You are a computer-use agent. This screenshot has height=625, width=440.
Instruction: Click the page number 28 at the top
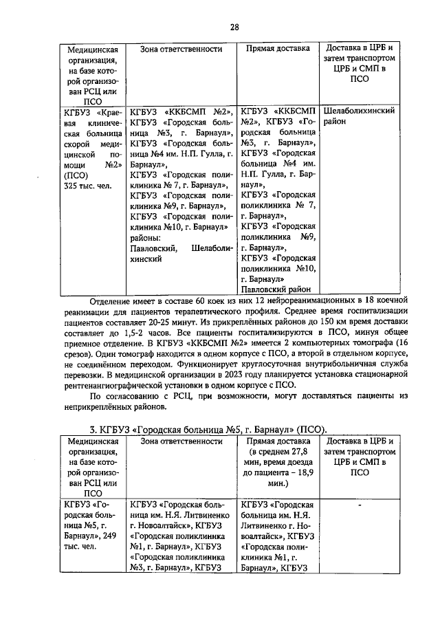(234, 27)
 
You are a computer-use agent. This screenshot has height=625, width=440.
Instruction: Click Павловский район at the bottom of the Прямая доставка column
(275, 290)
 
